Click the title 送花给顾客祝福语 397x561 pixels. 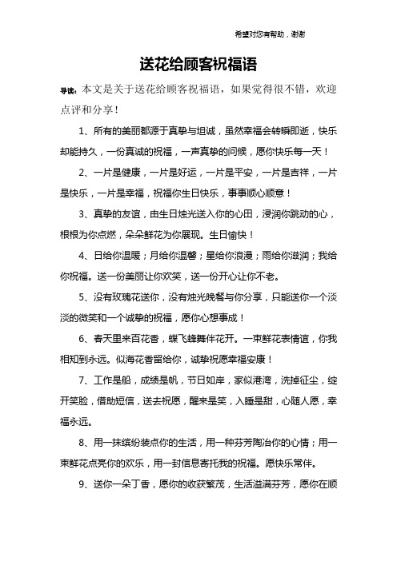click(x=198, y=62)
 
